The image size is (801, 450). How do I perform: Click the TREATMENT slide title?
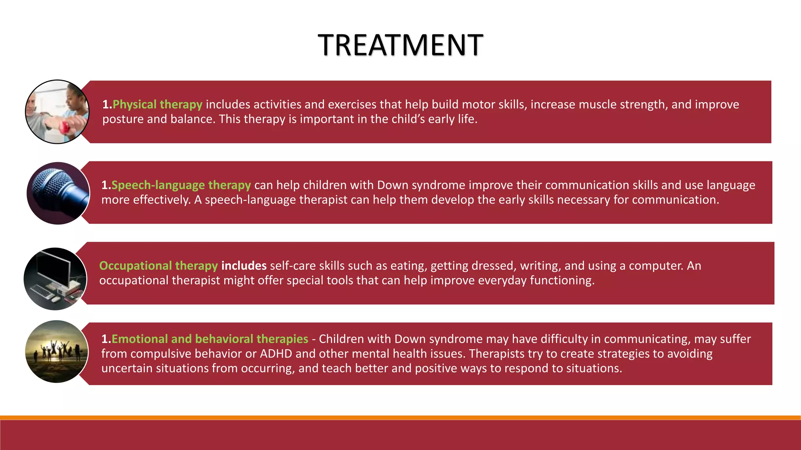pyautogui.click(x=400, y=45)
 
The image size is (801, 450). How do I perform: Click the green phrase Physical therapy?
pyautogui.click(x=157, y=105)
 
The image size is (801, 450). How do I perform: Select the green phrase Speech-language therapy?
pyautogui.click(x=181, y=185)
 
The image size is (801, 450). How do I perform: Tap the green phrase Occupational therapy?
pyautogui.click(x=158, y=266)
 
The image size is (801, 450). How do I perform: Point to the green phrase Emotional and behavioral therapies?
pyautogui.click(x=210, y=339)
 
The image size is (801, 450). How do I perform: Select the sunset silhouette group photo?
pyautogui.click(x=57, y=352)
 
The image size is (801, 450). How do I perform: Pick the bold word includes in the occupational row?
pyautogui.click(x=244, y=266)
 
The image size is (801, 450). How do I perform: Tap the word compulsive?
pyautogui.click(x=161, y=354)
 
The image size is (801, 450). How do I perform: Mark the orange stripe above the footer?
pyautogui.click(x=400, y=418)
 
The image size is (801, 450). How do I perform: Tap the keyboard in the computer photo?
pyautogui.click(x=42, y=291)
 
